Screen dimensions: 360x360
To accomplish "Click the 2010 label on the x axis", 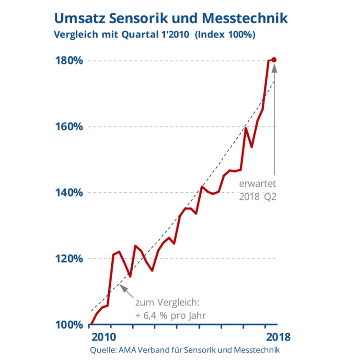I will pyautogui.click(x=103, y=337).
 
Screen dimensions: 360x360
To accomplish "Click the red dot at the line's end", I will pyautogui.click(x=274, y=60).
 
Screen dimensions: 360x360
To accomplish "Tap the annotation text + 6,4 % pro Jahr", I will pyautogui.click(x=171, y=315).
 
